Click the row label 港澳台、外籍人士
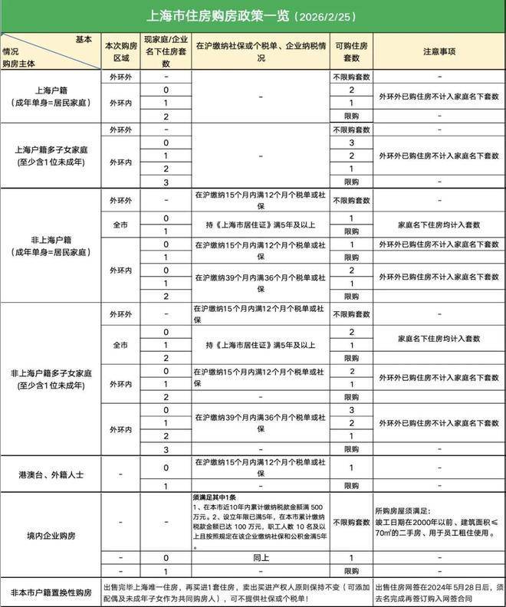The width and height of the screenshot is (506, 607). point(51,475)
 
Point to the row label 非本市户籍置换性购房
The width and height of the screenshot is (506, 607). point(51,592)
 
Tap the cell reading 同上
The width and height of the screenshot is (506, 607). point(260,558)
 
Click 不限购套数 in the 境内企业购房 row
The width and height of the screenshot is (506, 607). point(350,521)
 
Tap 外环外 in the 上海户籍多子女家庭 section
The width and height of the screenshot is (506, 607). point(120,130)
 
